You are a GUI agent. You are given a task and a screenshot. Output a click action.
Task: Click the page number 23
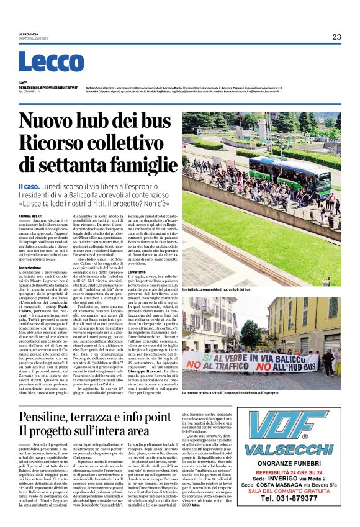(x=336, y=37)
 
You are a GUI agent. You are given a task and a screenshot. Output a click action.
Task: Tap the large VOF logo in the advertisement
(x=287, y=428)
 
